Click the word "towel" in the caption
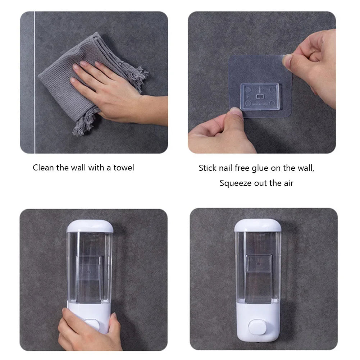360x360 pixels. click(x=123, y=168)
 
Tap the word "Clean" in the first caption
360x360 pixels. click(x=44, y=168)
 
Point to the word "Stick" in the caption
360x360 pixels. click(x=208, y=168)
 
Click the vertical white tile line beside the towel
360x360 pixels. click(x=35, y=83)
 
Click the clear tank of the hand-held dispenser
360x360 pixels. click(x=90, y=266)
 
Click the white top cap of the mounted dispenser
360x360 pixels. click(x=258, y=225)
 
